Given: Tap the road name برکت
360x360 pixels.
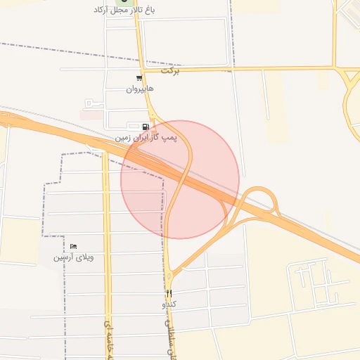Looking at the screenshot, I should (x=170, y=71).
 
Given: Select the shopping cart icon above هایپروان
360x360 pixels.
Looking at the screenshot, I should (x=139, y=79).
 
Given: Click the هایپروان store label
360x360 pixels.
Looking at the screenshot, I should (x=139, y=89).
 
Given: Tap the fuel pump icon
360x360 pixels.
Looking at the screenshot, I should (x=146, y=127).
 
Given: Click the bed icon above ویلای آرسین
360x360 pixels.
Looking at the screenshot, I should (x=73, y=247).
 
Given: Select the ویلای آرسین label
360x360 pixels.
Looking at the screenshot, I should (x=73, y=257).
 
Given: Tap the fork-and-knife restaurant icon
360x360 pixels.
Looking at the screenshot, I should (x=169, y=293).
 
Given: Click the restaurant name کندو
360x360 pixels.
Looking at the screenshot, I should (x=169, y=304).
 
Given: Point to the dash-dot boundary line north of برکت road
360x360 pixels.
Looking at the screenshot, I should (x=70, y=53).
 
